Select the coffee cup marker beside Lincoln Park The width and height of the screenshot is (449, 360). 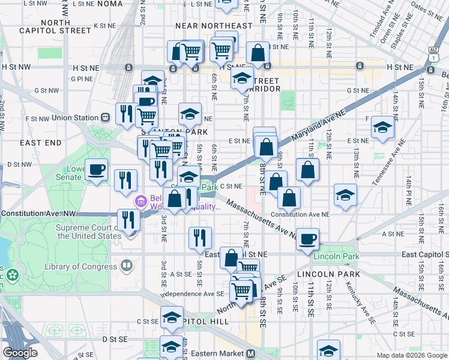[x=307, y=239]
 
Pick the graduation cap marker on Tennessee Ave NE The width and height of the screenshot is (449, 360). [x=382, y=127]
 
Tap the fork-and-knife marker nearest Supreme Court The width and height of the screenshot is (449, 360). [x=129, y=220]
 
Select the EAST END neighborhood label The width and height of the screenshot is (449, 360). [x=40, y=143]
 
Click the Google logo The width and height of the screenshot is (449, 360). [x=20, y=353]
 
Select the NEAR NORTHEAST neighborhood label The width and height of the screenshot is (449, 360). [x=214, y=26]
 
